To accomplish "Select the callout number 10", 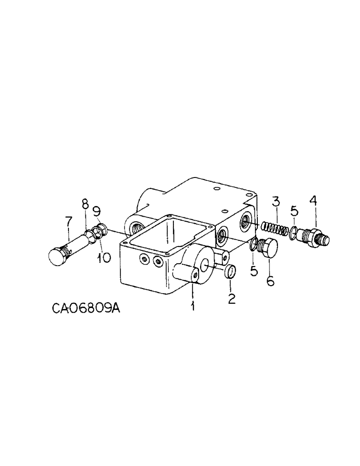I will pyautogui.click(x=104, y=257).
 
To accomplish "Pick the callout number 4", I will pyautogui.click(x=312, y=201).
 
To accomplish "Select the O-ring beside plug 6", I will pyautogui.click(x=254, y=244).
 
